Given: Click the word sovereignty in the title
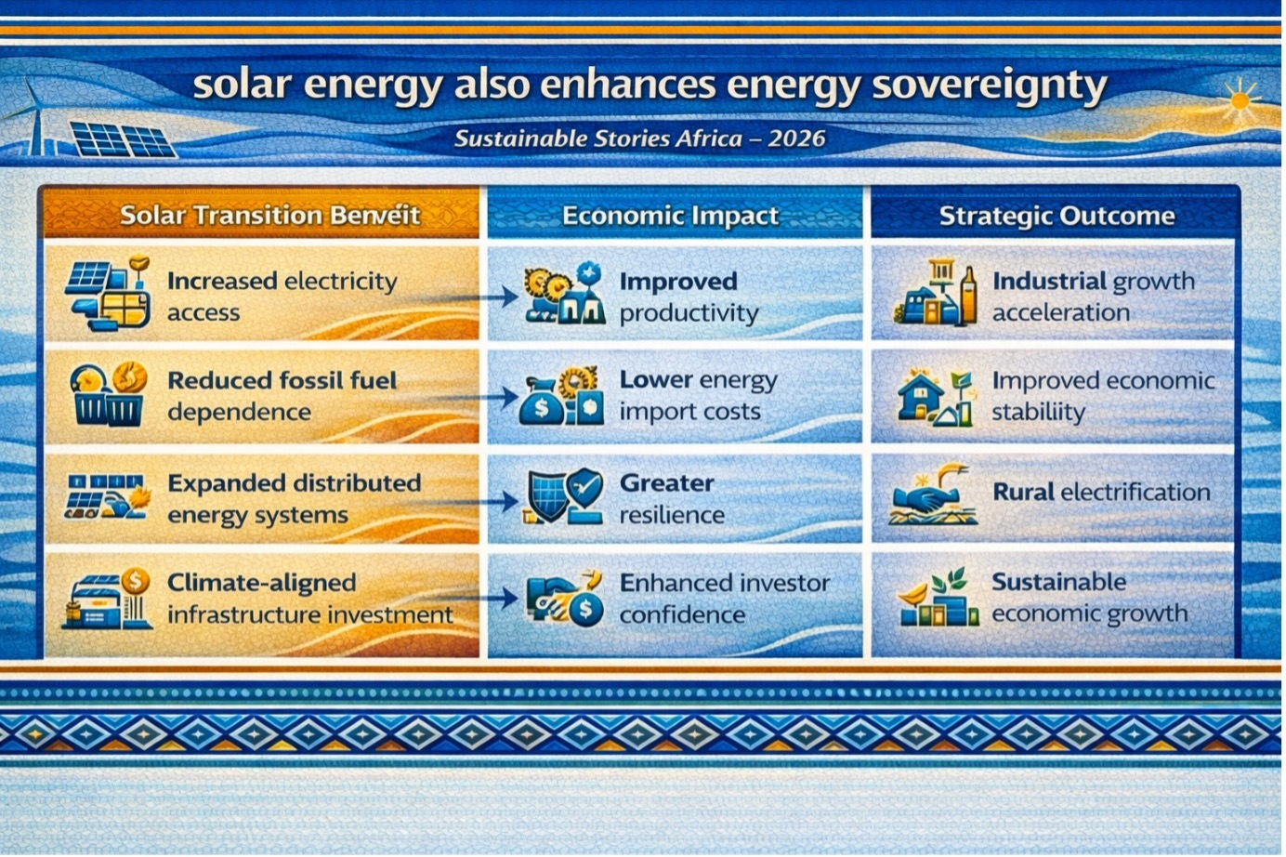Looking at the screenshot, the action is (x=990, y=87).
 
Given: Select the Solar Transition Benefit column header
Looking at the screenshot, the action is (x=269, y=216).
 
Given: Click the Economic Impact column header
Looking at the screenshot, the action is (x=670, y=216).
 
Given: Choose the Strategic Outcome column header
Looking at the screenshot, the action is (x=1056, y=216).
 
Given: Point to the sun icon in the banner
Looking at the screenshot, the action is (x=1240, y=101).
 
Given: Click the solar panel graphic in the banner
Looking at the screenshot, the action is (x=123, y=140).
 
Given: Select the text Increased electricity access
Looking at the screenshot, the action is (x=282, y=297).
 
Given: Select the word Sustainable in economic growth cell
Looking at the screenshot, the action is (x=1058, y=583).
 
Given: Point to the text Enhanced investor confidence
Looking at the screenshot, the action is (x=725, y=599).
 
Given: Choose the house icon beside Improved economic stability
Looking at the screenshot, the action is (x=920, y=395).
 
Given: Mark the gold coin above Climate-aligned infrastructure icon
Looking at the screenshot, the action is (x=136, y=581).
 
